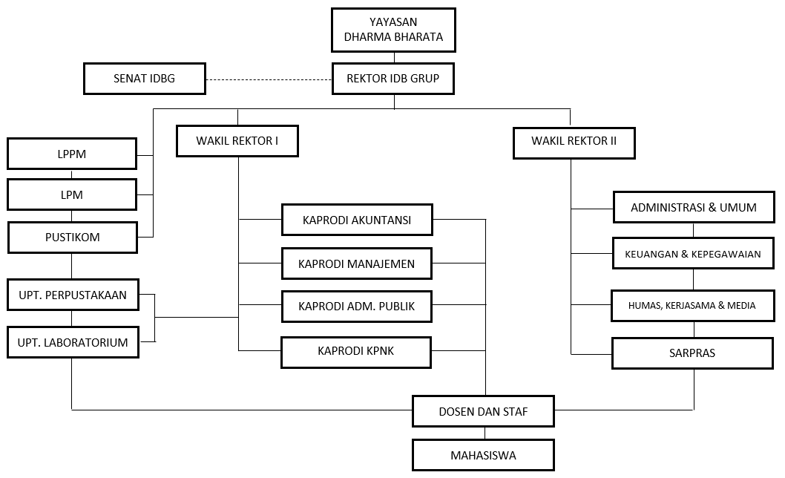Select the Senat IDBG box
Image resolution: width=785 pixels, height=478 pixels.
144,78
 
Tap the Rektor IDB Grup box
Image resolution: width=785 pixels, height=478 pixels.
392,78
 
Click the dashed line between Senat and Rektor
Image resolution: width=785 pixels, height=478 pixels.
268,79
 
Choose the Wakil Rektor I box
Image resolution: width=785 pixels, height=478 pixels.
237,141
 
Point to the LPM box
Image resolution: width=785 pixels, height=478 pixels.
72,195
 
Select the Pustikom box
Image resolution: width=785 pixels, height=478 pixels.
72,238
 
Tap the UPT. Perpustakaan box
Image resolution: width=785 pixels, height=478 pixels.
73,295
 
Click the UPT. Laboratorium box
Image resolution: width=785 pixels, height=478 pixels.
73,343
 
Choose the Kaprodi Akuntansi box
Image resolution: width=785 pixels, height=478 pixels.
357,220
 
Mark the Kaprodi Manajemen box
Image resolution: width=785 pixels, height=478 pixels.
357,263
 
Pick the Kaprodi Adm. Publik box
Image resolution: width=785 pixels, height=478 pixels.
357,306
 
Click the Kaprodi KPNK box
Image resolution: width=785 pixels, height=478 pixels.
356,351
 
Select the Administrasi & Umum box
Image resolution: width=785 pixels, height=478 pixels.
694,207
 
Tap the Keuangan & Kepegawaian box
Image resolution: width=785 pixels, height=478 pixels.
694,254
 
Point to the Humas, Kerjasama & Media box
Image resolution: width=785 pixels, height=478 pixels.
692,305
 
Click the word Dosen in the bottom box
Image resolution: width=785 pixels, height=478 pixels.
458,411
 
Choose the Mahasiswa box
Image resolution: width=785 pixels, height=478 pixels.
483,454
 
